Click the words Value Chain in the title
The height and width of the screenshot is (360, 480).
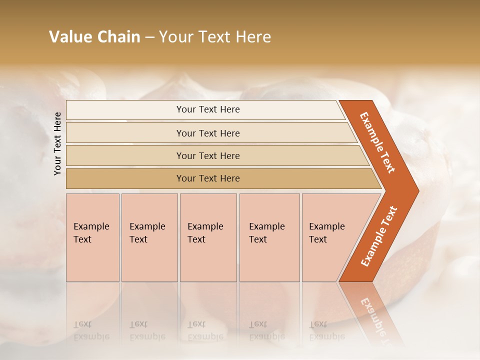pos(94,36)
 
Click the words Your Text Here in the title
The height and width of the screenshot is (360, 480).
pos(215,36)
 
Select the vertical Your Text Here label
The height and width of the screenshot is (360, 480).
pos(58,143)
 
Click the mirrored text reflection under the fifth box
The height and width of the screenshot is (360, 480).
pos(327,330)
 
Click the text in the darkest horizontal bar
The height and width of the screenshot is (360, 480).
pos(208,178)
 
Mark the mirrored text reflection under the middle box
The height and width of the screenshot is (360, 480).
pos(205,330)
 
